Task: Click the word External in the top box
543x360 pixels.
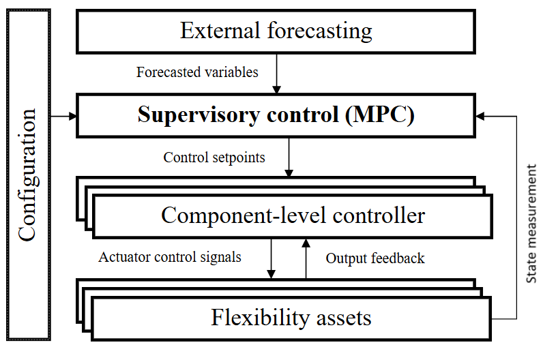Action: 220,31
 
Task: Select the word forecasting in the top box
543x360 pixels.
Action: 320,32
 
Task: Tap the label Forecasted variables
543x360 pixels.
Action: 197,72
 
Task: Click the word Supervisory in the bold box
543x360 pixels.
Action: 199,115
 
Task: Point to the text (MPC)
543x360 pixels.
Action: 379,115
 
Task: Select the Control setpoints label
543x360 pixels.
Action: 214,157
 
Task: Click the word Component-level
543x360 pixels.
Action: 244,215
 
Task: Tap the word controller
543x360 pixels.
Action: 379,215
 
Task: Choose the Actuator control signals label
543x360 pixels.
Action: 170,257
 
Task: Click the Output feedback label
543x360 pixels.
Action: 375,258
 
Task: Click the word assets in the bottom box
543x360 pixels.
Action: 344,319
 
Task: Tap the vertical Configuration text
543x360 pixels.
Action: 27,175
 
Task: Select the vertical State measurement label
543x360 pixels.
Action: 531,224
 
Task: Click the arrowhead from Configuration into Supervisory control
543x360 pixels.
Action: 73,117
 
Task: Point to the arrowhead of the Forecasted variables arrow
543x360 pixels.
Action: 276,89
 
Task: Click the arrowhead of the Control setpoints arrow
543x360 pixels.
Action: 289,173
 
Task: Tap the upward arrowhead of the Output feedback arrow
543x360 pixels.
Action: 306,243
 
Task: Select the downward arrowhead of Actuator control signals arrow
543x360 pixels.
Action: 271,274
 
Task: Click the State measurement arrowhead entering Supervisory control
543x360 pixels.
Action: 480,117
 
